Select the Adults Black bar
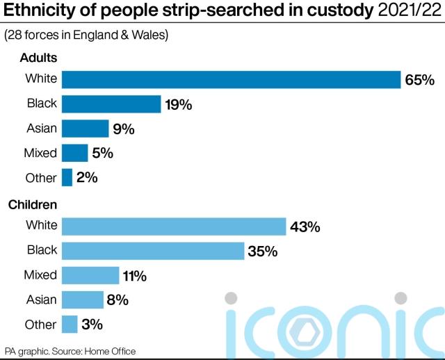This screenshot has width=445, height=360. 111,104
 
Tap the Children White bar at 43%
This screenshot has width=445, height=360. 174,226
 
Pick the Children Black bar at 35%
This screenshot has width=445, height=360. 153,250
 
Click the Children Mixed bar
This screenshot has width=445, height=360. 90,275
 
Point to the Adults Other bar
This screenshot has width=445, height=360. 67,178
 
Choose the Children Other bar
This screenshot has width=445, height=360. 70,325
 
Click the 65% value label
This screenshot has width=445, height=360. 419,80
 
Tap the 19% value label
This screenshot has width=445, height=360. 178,105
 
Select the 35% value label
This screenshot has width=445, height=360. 262,251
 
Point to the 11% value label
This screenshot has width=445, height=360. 134,276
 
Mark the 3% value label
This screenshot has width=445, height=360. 92,325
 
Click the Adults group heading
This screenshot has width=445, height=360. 38,58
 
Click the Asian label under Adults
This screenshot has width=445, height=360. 41,129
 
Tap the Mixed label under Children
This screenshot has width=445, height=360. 41,275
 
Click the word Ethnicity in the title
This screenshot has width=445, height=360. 38,10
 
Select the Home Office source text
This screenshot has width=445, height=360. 111,351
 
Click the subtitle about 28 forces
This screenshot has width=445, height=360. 87,35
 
